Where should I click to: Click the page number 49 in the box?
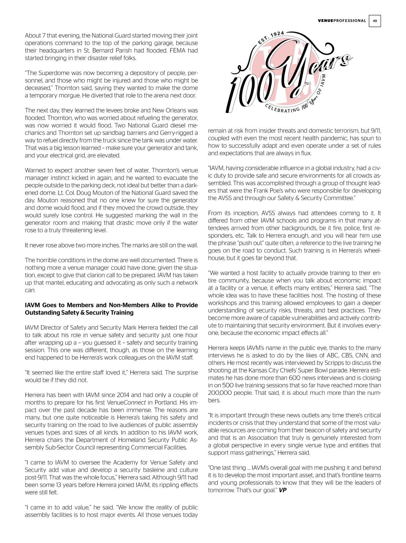[x=375, y=21]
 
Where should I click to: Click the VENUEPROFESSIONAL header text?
[x=342, y=21]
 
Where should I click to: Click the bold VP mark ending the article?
[x=283, y=490]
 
